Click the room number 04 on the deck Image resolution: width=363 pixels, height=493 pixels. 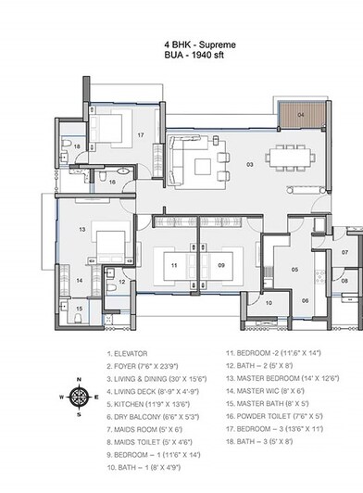click(x=302, y=116)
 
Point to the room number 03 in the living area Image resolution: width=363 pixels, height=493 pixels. click(x=250, y=164)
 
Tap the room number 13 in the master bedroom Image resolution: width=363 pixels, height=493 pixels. click(x=81, y=228)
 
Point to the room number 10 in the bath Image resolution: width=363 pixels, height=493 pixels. click(x=269, y=302)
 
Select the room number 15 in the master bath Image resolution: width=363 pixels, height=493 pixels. click(x=80, y=309)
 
